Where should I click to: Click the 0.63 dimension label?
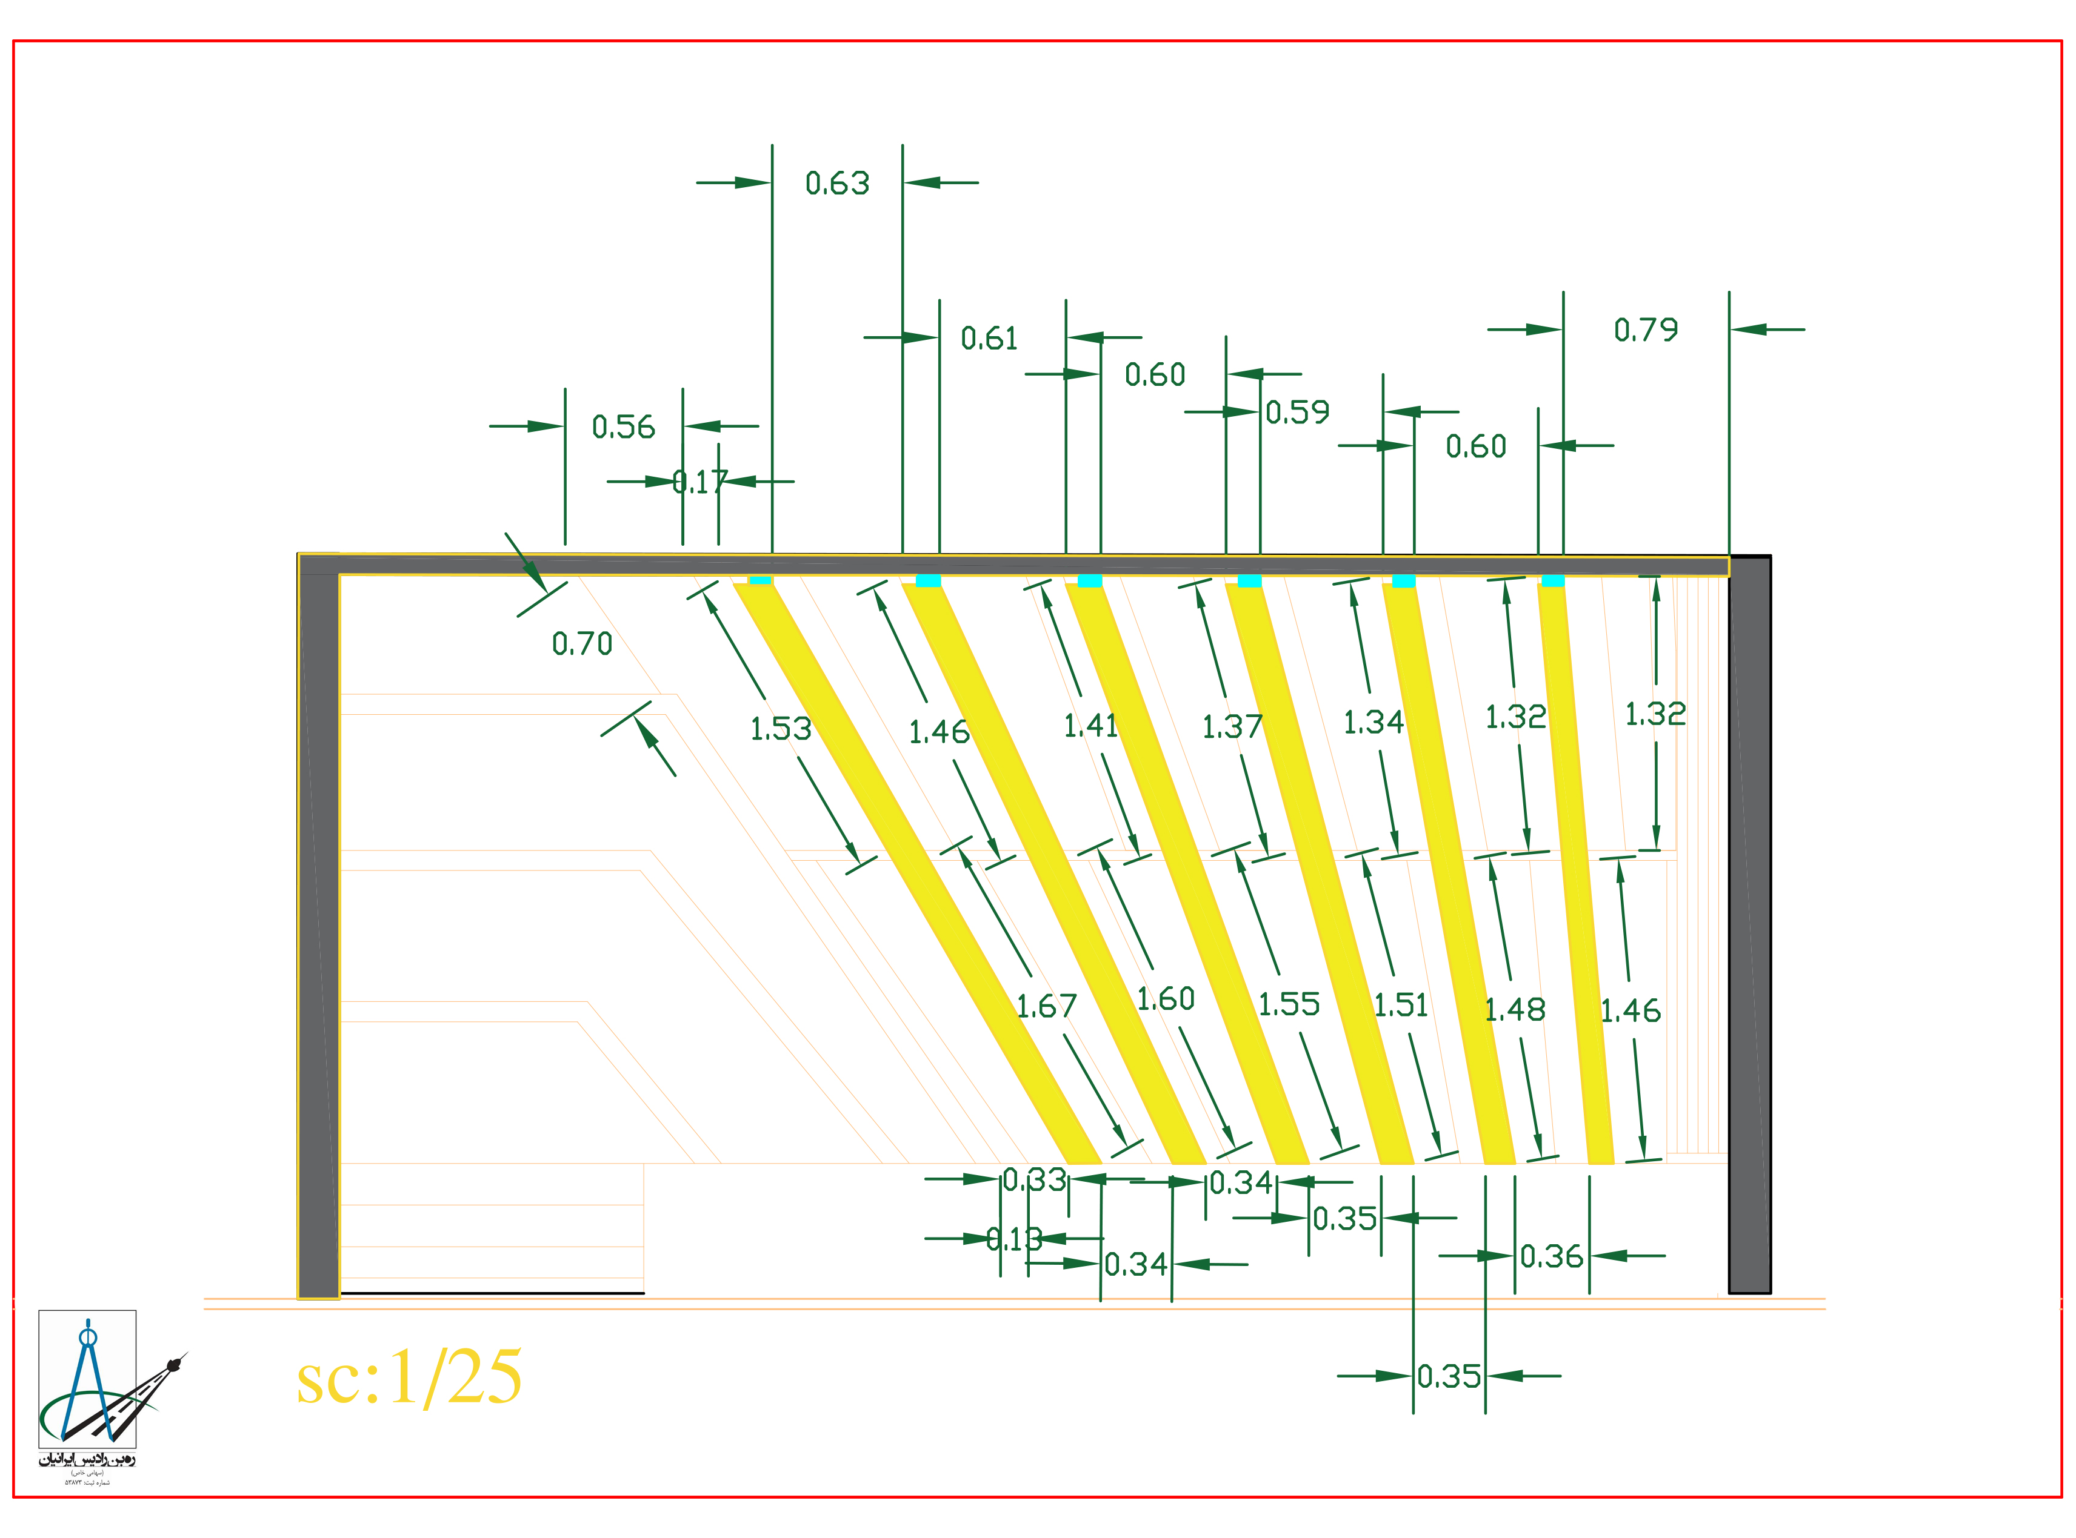(836, 184)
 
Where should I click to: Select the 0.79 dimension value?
(1645, 330)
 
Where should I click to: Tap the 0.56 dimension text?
(623, 427)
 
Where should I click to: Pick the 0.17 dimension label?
(699, 482)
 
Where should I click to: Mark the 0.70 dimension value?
(581, 643)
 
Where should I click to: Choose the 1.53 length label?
(781, 728)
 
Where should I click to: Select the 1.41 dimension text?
(1090, 725)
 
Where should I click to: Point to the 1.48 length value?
(1514, 1009)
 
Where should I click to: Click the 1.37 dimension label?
(1231, 726)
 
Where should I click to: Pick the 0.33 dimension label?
(1034, 1179)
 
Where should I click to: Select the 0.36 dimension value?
(1550, 1257)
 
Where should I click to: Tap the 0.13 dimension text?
(1014, 1239)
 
